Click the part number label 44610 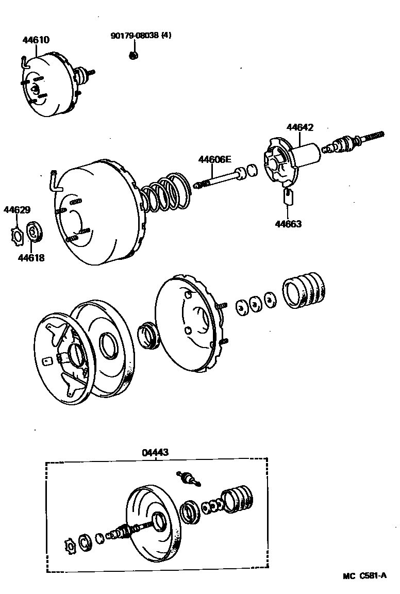(x=36, y=40)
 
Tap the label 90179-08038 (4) (x=141, y=36)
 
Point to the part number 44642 (x=300, y=127)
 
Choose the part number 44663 (x=288, y=224)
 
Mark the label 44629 (x=17, y=210)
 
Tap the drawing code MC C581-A (x=364, y=576)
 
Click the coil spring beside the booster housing (x=165, y=194)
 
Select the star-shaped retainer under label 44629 (x=17, y=235)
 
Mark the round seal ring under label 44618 (x=35, y=231)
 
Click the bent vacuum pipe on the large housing (x=54, y=180)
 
